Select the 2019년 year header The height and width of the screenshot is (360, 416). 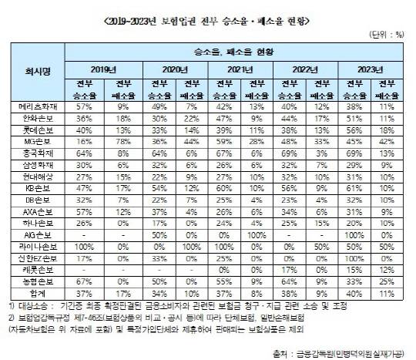coord(104,69)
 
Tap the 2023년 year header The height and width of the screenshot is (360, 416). coord(370,69)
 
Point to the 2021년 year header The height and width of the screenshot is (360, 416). coord(237,69)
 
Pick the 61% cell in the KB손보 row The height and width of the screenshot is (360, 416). coord(352,187)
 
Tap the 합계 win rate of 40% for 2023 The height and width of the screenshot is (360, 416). coord(352,294)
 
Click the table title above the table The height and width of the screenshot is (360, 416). coord(207,15)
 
